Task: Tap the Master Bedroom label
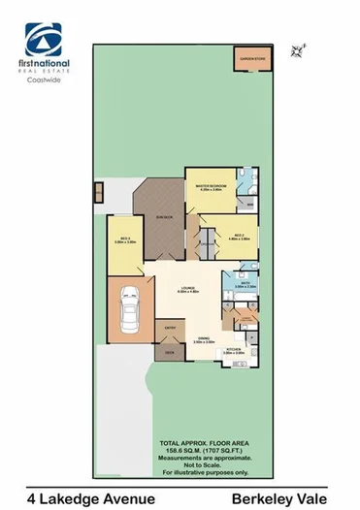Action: pos(212,186)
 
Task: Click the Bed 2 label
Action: pos(238,236)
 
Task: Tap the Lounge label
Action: pos(188,292)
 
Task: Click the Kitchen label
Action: pos(233,351)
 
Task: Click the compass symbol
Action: pos(298,45)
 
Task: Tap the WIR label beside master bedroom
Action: pos(250,205)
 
